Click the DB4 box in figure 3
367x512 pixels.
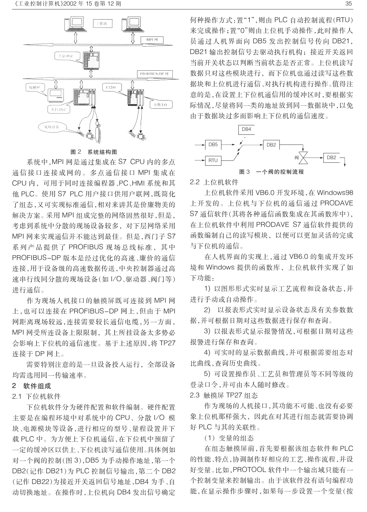247,130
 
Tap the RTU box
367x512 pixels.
213,160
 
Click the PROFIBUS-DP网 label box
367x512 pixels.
154,74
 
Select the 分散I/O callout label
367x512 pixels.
161,105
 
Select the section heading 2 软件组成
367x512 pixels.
32,386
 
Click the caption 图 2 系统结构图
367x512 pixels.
94,152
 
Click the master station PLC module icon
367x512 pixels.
91,59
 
